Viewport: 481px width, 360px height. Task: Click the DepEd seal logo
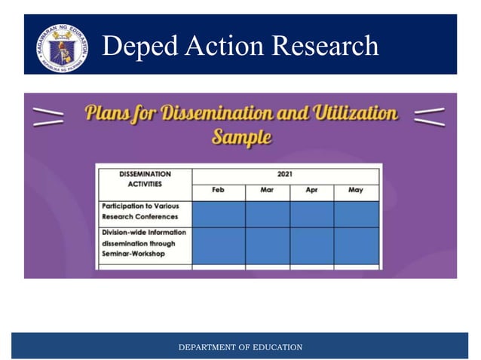click(x=60, y=47)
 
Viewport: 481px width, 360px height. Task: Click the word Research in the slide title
click(x=325, y=46)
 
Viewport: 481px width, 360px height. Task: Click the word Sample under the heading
click(x=241, y=137)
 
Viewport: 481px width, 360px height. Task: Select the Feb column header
click(x=218, y=191)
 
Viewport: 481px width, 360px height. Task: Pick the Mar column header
click(x=267, y=191)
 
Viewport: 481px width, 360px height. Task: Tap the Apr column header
click(x=311, y=191)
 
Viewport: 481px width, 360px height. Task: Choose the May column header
click(x=356, y=191)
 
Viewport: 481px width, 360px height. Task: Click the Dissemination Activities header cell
click(x=145, y=179)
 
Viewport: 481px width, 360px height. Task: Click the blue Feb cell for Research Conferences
click(x=219, y=214)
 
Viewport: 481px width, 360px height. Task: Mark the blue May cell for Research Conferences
click(x=356, y=214)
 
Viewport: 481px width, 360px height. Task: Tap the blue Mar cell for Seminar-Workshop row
click(x=267, y=246)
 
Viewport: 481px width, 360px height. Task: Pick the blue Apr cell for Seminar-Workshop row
click(x=311, y=246)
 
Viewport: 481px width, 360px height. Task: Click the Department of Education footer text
click(x=240, y=347)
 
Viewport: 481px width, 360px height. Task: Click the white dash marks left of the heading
click(x=49, y=114)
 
